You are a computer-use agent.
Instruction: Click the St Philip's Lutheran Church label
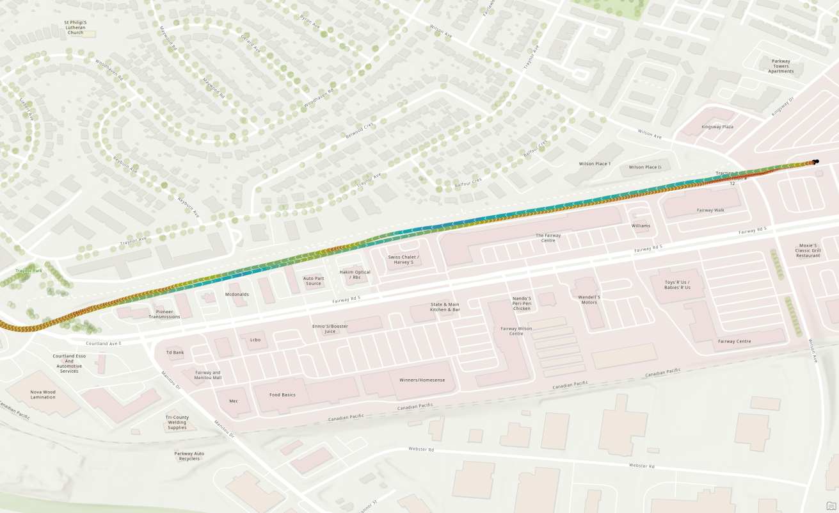pos(75,28)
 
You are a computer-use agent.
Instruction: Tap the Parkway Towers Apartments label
pos(781,66)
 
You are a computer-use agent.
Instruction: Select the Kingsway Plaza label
pos(717,127)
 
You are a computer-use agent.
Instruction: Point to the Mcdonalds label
pos(237,295)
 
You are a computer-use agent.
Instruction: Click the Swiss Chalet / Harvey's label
pos(403,259)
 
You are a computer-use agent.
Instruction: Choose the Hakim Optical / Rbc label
pos(355,275)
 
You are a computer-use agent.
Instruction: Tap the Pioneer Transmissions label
pos(164,314)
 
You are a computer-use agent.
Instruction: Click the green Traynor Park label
pos(29,271)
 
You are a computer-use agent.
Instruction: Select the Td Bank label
pos(175,352)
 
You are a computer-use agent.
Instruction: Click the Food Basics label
pos(282,395)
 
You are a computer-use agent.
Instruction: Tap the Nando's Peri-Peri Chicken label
pos(522,303)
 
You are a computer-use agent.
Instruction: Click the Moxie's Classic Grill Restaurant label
pos(808,250)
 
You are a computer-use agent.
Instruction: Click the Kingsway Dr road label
pos(781,106)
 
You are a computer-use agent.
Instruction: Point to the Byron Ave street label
pos(310,22)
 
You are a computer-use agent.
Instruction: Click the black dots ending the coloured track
pos(815,162)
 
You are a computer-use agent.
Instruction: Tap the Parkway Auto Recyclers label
pos(190,456)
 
